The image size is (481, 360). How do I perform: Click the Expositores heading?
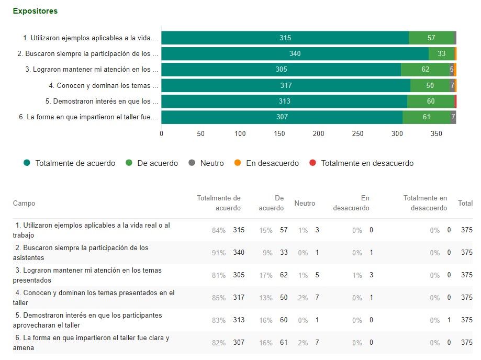pos(35,10)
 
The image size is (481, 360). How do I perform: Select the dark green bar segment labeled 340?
pos(295,53)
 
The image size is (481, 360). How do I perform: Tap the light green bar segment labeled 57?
pos(431,38)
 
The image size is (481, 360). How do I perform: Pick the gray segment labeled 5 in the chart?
pos(452,70)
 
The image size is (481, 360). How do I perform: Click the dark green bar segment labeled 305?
pos(281,70)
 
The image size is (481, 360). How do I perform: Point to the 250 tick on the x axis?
pos(358,133)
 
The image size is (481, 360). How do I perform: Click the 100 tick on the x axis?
pos(240,133)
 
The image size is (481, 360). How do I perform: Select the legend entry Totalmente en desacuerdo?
pos(366,163)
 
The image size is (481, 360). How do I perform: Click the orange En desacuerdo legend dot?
pos(238,163)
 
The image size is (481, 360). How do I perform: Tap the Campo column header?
pos(24,203)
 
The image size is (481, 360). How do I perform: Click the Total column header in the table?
pos(465,203)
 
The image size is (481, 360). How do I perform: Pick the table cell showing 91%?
pos(219,253)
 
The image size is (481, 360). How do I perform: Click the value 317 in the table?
pos(239,298)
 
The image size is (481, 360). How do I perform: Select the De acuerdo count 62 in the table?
pos(283,275)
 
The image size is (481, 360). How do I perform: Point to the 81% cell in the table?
pos(219,275)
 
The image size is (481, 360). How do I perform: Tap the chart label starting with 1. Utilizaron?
pos(91,38)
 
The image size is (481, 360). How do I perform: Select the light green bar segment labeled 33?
pos(441,53)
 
